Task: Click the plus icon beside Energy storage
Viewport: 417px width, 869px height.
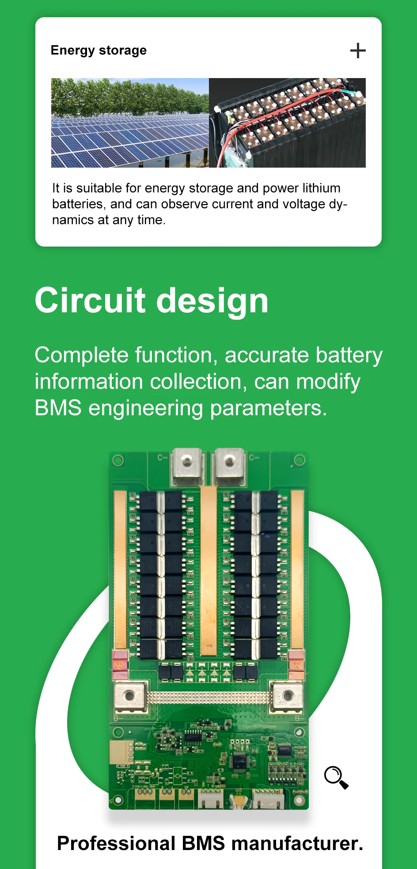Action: click(x=358, y=51)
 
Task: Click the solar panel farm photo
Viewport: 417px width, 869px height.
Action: click(x=130, y=123)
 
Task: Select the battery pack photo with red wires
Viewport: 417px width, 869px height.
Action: click(x=287, y=123)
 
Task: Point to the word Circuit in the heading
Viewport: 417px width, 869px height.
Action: click(x=90, y=301)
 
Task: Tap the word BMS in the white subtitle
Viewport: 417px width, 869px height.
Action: click(x=58, y=408)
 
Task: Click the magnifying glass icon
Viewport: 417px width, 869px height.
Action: click(x=336, y=777)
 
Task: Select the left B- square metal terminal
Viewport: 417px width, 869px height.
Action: click(x=129, y=697)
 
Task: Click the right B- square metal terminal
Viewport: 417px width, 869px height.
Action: click(x=288, y=697)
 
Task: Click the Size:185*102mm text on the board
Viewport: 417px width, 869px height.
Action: click(x=259, y=727)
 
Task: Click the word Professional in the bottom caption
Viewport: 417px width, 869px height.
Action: click(x=116, y=843)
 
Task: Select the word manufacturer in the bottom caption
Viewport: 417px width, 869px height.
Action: click(x=297, y=843)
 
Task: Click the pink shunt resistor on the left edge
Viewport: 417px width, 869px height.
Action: click(x=120, y=665)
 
